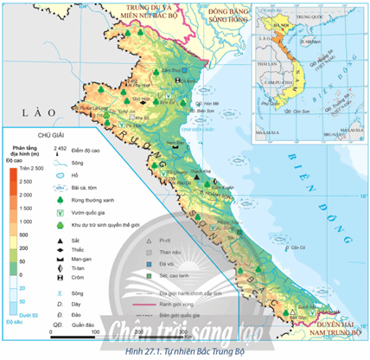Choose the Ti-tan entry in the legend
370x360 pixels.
(x=83, y=269)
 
